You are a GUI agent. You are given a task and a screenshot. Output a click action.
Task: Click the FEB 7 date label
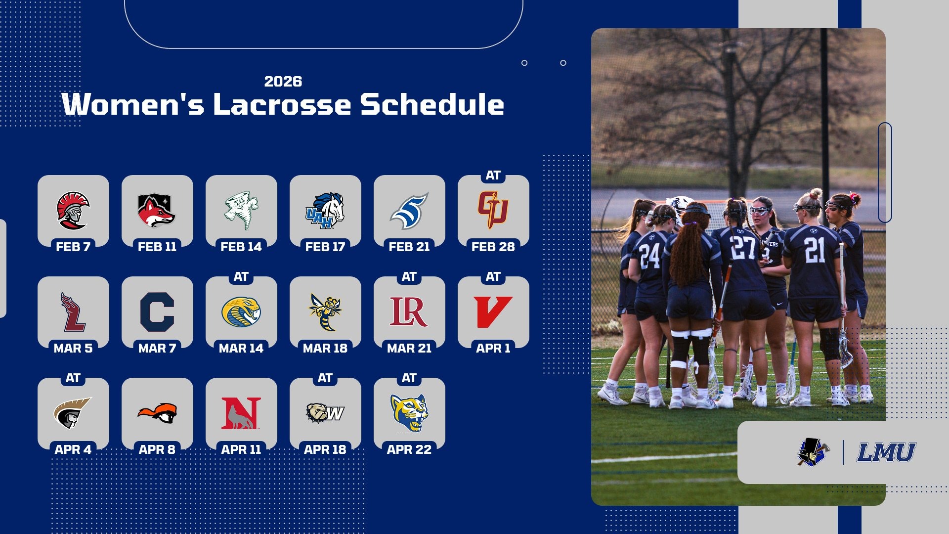click(x=73, y=246)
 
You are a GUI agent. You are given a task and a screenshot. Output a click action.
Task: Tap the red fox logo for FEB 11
click(x=157, y=210)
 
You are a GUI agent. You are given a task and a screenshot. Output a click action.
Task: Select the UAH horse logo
click(x=325, y=210)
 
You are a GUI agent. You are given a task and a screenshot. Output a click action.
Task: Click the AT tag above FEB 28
click(x=493, y=176)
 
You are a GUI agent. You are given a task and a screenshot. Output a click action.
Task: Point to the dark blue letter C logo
click(x=157, y=311)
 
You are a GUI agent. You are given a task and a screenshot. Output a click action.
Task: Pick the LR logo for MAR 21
click(x=409, y=311)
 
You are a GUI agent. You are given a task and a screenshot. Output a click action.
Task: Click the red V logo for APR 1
click(x=493, y=311)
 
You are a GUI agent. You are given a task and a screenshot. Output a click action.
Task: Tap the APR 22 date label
click(x=409, y=449)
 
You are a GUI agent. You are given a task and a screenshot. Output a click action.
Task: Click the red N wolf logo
click(x=241, y=413)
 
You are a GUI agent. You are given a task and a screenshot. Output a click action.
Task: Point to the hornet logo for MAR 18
click(x=325, y=311)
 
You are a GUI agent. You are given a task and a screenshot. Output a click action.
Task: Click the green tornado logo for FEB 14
click(x=241, y=210)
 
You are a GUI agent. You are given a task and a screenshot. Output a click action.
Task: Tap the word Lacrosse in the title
click(x=282, y=105)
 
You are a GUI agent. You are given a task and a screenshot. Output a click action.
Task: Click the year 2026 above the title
click(x=283, y=82)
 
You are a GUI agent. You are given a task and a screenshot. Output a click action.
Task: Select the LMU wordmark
click(x=886, y=452)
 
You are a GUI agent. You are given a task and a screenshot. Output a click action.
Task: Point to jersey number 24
click(x=649, y=256)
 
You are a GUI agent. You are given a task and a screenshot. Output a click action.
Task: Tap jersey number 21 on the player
click(x=814, y=250)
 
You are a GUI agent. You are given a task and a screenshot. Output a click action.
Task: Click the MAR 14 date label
click(x=241, y=348)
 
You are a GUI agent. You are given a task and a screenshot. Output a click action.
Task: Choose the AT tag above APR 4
click(x=73, y=378)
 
